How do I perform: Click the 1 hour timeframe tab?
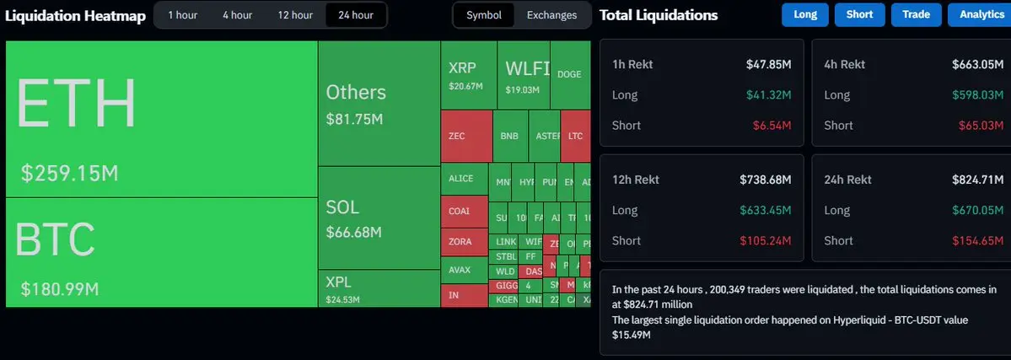pos(182,15)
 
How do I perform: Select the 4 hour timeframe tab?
pos(237,15)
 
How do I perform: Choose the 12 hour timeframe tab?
pos(295,15)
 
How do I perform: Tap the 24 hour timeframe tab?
pos(356,15)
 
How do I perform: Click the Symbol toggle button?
pos(483,15)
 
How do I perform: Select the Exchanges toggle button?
pos(551,15)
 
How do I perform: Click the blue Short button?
pos(859,14)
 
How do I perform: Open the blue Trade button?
pos(916,14)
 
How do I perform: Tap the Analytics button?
pos(981,14)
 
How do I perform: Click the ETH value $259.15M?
pos(69,174)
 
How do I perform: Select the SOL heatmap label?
pos(342,207)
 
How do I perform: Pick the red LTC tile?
pos(575,136)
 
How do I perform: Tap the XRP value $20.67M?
pos(465,87)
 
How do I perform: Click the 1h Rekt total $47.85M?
pos(768,64)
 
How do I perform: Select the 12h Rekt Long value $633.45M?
pos(766,210)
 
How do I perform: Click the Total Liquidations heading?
pos(659,15)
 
